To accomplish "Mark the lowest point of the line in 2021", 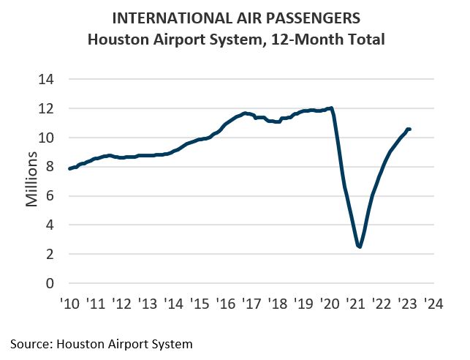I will pyautogui.click(x=360, y=247).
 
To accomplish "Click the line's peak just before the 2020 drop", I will pyautogui.click(x=332, y=108).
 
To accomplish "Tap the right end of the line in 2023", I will pyautogui.click(x=409, y=130).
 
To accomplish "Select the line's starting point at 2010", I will pyautogui.click(x=69, y=169).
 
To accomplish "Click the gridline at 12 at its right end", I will pyautogui.click(x=433, y=108).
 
